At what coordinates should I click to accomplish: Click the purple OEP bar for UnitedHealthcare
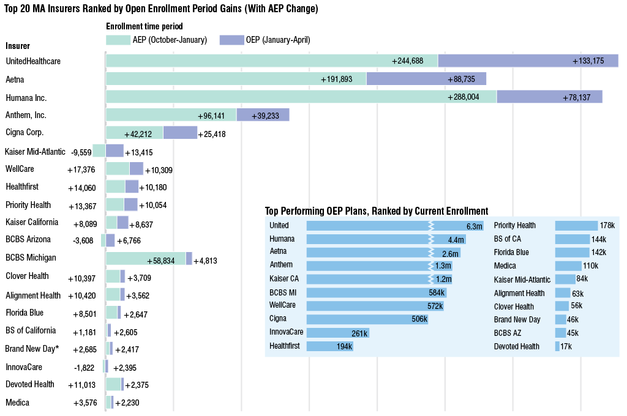pos(528,61)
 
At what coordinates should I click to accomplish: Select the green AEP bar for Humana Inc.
pos(301,97)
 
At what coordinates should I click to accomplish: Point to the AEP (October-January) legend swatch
pos(118,40)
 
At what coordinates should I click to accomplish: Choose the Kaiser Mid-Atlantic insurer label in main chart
pos(35,152)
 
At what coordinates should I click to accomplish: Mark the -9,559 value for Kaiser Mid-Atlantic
pos(81,152)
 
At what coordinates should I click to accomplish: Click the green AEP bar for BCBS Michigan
pos(146,259)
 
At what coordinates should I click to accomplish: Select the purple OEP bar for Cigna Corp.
pos(180,133)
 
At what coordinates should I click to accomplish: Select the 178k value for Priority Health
pos(607,226)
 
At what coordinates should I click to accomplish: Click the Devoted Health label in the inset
pos(517,346)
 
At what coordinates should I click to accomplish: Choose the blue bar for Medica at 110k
pos(568,266)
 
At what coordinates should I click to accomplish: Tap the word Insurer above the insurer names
pos(18,46)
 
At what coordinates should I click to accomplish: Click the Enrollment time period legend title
pos(145,26)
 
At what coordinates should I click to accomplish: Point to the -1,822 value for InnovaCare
pos(84,368)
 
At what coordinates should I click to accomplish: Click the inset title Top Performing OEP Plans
pos(376,210)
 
